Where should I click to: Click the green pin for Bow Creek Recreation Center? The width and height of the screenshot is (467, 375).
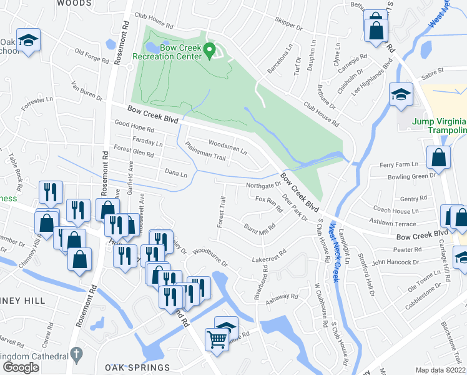210,49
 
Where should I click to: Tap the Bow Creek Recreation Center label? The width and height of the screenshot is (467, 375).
180,51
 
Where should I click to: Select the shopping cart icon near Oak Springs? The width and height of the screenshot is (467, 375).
217,340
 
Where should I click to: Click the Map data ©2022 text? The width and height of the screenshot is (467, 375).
440,369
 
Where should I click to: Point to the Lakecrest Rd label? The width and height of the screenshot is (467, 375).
269,256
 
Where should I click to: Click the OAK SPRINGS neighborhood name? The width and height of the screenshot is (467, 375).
137,367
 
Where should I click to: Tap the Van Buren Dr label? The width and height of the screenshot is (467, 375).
87,92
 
